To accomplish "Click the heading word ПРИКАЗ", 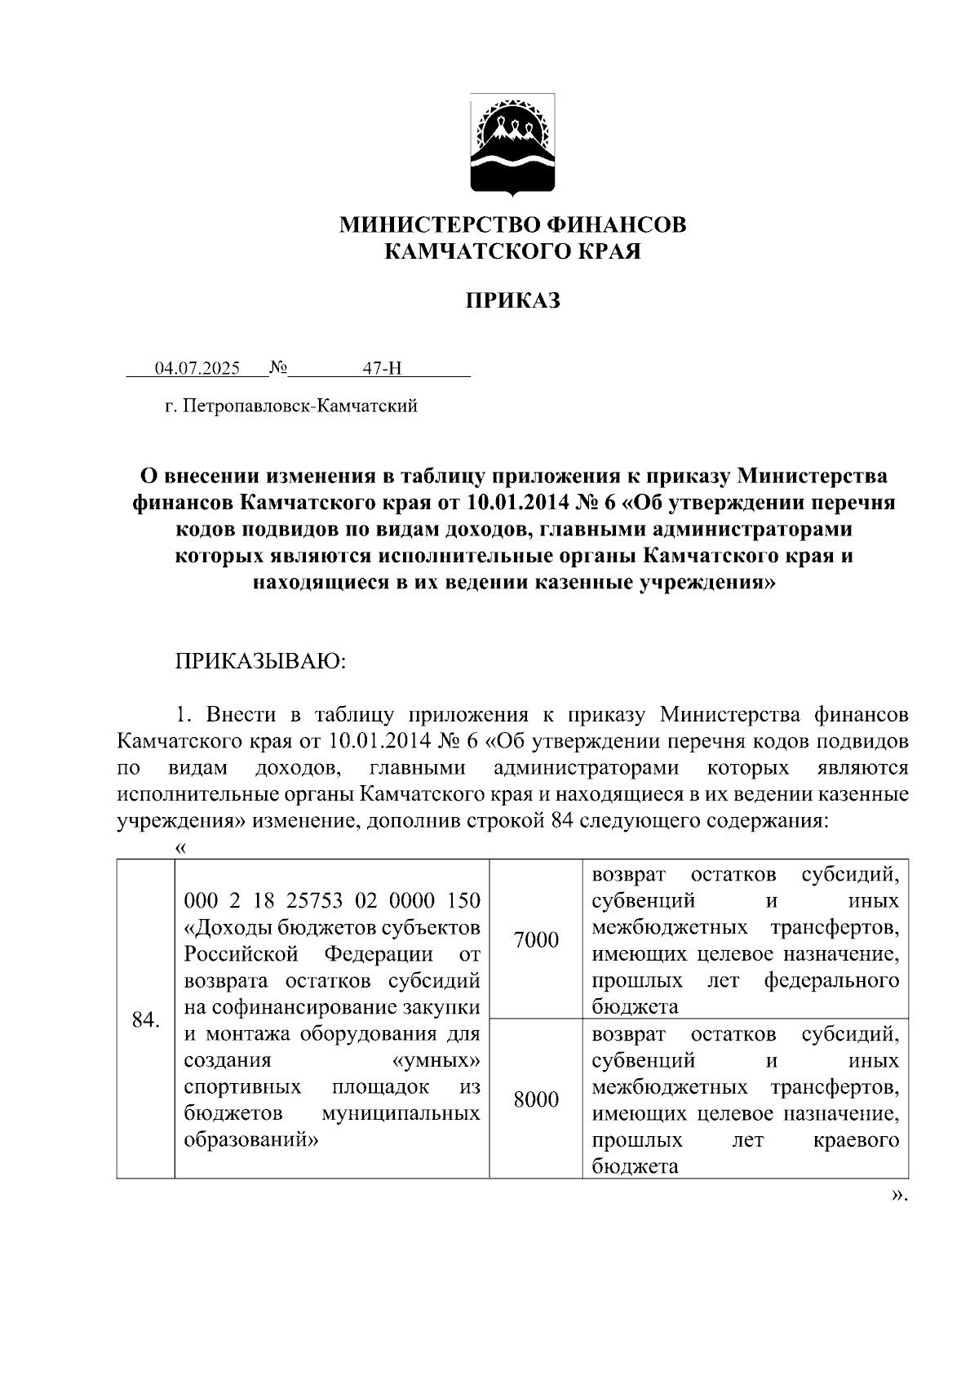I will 513,301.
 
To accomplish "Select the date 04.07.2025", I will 197,368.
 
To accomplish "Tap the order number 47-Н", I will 382,368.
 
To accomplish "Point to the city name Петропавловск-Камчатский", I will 301,406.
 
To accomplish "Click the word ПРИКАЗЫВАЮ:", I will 261,661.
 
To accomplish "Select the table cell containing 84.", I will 145,1019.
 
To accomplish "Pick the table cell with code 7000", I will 536,940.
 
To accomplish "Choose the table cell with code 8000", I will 536,1100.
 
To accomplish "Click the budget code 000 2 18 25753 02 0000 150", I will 332,900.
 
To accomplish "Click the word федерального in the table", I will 831,979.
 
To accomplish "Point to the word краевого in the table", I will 856,1139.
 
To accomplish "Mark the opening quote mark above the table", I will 181,849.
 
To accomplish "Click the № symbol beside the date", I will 278,368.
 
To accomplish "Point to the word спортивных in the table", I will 242,1087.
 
